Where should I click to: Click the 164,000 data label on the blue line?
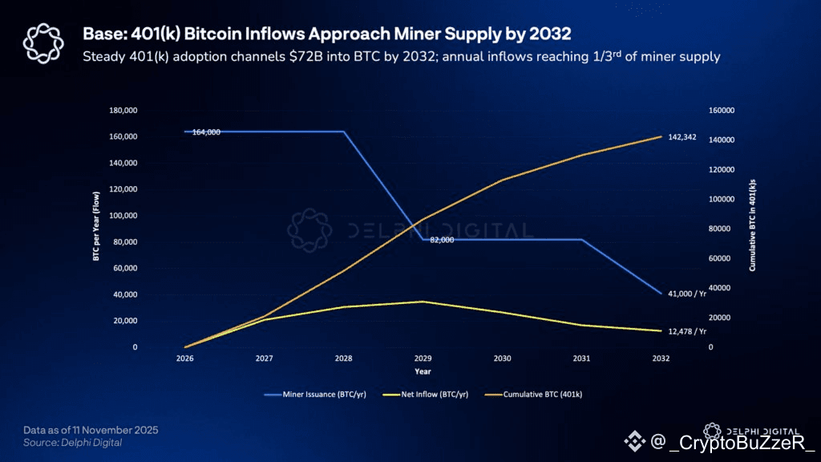click(206, 132)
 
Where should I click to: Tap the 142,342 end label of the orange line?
click(681, 137)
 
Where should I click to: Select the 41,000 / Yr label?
click(686, 294)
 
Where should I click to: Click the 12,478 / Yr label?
click(686, 330)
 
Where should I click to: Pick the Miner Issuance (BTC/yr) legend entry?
click(315, 395)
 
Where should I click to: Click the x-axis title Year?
click(423, 371)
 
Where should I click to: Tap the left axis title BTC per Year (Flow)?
click(96, 229)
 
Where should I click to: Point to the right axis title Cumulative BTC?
click(753, 229)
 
